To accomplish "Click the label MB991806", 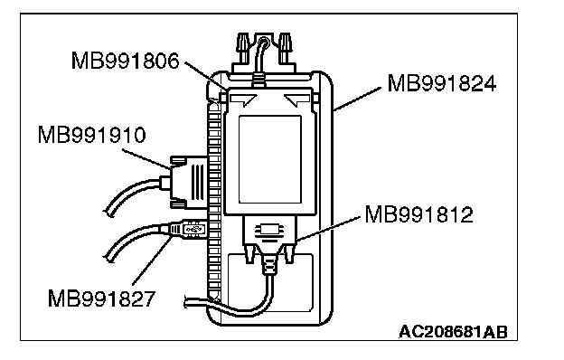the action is tap(125, 61).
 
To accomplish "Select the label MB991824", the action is tap(442, 83).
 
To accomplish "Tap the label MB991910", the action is tap(91, 136).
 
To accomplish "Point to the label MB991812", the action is tap(419, 214).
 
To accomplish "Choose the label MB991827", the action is tap(101, 298).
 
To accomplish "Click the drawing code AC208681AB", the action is tap(453, 332).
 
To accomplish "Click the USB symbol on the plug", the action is tap(193, 229).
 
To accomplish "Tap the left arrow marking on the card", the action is tap(243, 99).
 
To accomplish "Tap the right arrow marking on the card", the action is tap(297, 99).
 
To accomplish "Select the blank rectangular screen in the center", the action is tap(269, 159).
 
